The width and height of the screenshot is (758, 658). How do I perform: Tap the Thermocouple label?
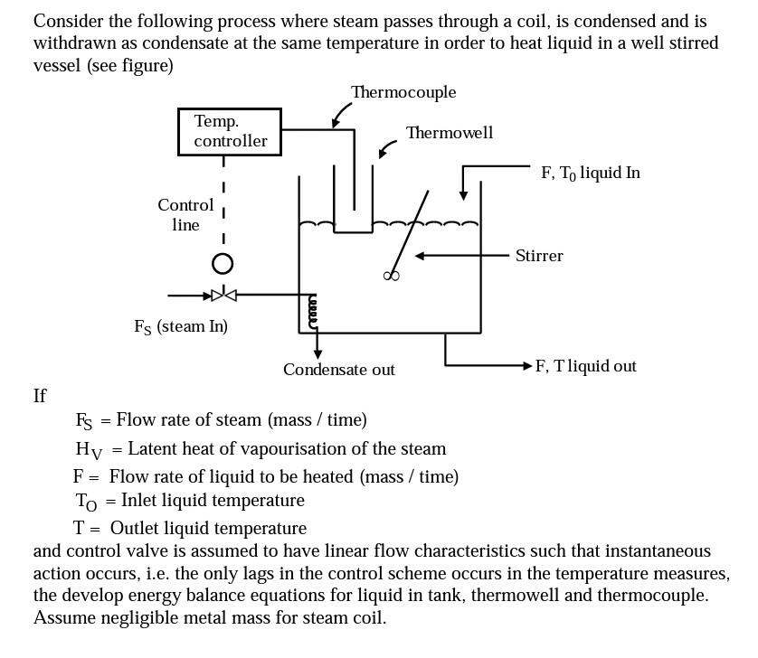click(x=403, y=92)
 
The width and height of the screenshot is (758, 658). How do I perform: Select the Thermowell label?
click(x=450, y=133)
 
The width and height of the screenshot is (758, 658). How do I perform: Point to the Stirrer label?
click(x=539, y=256)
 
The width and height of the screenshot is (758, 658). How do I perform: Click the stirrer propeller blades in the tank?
click(x=392, y=276)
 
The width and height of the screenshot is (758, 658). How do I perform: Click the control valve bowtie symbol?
click(x=223, y=295)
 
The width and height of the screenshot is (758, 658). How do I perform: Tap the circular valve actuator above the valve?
click(x=223, y=263)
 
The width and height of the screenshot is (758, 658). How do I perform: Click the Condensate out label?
click(x=338, y=370)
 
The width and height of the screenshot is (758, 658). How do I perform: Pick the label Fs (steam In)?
click(x=181, y=327)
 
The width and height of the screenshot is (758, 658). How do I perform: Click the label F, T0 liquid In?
click(x=591, y=173)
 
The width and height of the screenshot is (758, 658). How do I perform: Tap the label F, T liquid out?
click(x=586, y=366)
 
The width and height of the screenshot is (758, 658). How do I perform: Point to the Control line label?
click(x=185, y=215)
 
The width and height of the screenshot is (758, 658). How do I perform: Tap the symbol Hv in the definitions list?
click(x=89, y=449)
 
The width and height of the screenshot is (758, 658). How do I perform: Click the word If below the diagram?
click(x=40, y=396)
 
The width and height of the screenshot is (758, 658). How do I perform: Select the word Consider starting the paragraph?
click(x=66, y=21)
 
